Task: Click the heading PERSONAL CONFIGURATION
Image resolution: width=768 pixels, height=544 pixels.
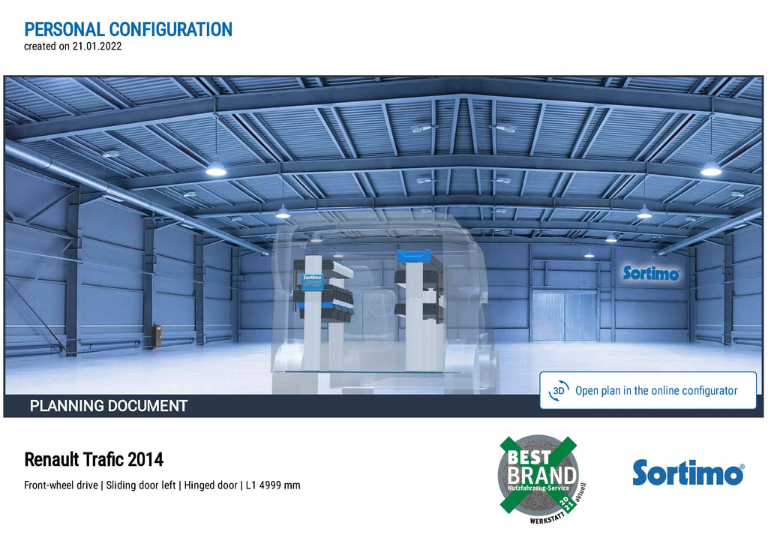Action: (128, 29)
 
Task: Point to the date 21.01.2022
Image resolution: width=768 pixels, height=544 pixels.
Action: (97, 47)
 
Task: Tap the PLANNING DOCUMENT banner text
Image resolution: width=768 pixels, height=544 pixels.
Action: (109, 406)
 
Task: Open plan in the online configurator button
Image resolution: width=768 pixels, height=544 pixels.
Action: (648, 391)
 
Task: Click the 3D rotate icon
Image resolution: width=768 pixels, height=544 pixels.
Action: (559, 391)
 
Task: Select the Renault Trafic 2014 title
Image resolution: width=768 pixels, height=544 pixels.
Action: (94, 460)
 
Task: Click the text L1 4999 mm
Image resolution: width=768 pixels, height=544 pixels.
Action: (273, 485)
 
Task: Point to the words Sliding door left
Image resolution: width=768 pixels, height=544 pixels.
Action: (141, 485)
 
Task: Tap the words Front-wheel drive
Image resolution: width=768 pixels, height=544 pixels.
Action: (61, 485)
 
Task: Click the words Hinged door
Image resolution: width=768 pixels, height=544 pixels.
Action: (211, 485)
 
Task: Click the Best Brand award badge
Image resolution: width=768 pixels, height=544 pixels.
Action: (540, 478)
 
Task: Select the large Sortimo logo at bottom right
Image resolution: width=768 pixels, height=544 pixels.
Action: (688, 473)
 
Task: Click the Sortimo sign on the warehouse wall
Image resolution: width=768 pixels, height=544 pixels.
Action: (651, 273)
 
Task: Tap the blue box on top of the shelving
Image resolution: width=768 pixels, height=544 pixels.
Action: (414, 256)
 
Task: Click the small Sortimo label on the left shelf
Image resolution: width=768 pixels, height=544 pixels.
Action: (313, 282)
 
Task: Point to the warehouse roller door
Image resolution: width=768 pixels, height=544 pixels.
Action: (564, 316)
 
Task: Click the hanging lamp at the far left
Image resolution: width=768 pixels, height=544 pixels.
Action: (216, 169)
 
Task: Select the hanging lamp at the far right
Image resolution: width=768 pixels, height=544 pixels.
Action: (711, 169)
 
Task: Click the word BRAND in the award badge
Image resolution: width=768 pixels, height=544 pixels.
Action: (541, 475)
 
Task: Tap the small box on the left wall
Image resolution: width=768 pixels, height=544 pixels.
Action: (157, 335)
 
